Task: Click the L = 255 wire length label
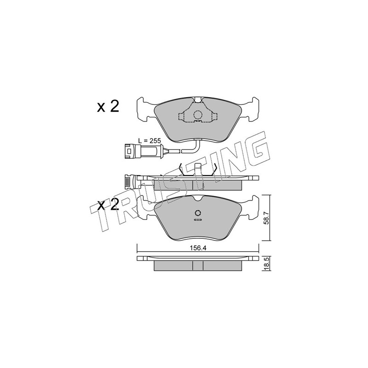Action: click(x=149, y=141)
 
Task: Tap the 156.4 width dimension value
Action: click(x=198, y=248)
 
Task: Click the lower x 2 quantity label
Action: click(x=108, y=204)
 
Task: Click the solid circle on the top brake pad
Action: click(x=198, y=115)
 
